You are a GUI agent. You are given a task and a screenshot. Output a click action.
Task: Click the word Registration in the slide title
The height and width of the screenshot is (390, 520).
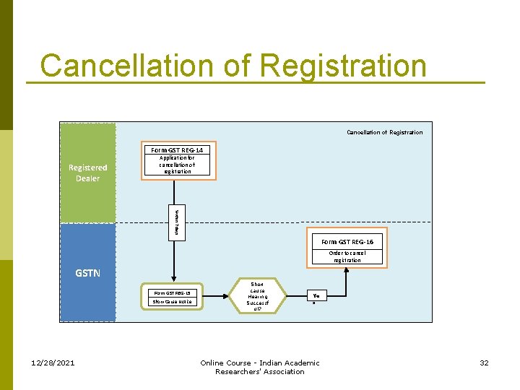[x=343, y=66]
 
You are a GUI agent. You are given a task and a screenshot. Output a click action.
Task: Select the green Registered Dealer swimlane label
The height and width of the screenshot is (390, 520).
[x=87, y=173]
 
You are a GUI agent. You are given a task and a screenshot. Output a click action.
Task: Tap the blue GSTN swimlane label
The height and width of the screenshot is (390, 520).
[x=87, y=273]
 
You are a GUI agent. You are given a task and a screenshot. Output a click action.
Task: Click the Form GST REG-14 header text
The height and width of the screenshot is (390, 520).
[x=177, y=149]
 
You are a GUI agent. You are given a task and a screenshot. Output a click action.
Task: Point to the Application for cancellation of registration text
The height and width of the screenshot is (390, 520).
[x=177, y=165]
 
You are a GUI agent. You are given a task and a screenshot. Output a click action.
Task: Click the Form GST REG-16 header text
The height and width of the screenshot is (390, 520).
[x=347, y=242]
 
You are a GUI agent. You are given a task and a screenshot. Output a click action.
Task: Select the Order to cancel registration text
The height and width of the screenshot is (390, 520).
[x=347, y=256]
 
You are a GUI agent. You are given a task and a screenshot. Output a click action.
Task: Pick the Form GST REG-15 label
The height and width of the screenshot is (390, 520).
[x=172, y=292]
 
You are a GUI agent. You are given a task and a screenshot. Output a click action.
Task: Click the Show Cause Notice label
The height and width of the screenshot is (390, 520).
[x=172, y=302]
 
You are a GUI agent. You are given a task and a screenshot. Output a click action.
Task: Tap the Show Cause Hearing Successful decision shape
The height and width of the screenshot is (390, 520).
[x=257, y=296]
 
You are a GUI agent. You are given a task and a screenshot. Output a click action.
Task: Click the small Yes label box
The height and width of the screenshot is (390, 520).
[x=316, y=295]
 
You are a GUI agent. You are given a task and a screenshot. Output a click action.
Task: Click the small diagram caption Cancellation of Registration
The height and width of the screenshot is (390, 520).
[x=384, y=132]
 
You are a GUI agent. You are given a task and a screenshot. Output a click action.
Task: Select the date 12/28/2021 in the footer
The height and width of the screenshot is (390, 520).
[x=54, y=363]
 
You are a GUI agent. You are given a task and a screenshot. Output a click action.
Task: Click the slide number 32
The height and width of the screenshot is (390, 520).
[x=484, y=363]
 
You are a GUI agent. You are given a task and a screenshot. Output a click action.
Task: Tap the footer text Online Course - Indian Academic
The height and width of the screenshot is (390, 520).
[x=259, y=363]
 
